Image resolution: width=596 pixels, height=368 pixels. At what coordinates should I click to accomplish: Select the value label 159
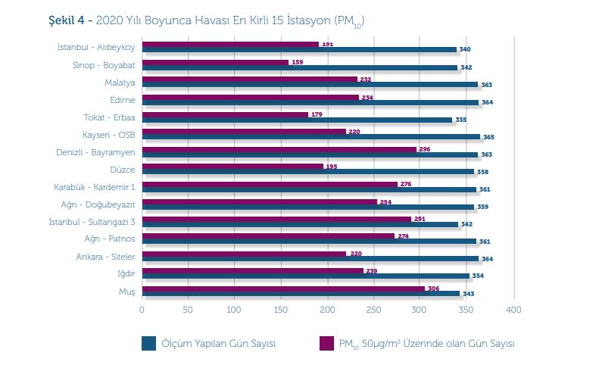click(298, 61)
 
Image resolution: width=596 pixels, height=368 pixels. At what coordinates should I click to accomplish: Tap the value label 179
click(317, 114)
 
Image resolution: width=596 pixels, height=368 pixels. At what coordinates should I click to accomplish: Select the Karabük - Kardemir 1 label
click(95, 187)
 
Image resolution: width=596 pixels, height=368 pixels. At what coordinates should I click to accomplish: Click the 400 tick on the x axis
click(514, 310)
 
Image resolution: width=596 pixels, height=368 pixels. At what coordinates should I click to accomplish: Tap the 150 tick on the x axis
click(281, 310)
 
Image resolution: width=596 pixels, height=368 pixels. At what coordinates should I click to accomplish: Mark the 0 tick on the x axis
click(142, 310)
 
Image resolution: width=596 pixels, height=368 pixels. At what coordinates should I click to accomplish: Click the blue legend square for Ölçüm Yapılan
click(148, 343)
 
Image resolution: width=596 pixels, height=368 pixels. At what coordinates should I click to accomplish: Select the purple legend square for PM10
click(326, 343)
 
